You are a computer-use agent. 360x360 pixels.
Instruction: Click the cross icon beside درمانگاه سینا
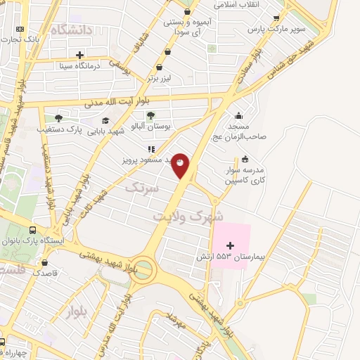pos(80,54)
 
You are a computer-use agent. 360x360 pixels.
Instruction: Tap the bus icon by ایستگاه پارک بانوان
pos(33,230)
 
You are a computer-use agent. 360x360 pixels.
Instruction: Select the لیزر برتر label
pos(163,79)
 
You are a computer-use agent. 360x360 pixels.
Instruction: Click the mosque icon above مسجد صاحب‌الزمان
pos(239,116)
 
